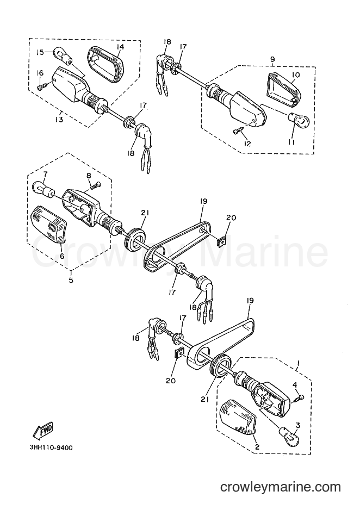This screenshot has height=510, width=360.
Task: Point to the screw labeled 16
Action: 42,86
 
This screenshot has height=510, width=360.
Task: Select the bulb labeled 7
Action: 44,189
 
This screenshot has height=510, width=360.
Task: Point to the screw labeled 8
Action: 96,185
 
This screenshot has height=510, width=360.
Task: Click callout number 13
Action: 59,120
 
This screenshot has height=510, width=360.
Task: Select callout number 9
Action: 272,59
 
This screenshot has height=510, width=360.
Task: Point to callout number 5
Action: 71,279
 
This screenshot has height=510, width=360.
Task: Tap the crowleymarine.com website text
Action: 280,487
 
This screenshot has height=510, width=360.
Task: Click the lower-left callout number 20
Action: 170,380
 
